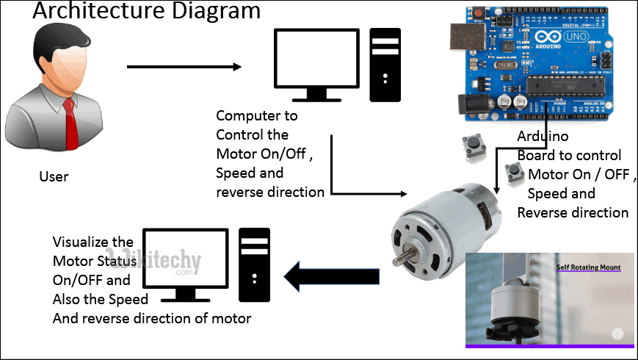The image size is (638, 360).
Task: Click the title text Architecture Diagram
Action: coord(147,11)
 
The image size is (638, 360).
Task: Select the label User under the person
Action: coord(54,176)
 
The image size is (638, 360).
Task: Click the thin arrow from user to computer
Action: coord(184,67)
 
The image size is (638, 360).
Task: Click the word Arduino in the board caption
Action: coord(543,136)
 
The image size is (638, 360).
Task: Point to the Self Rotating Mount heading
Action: coord(588,267)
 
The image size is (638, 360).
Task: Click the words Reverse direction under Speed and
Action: coord(573,212)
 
